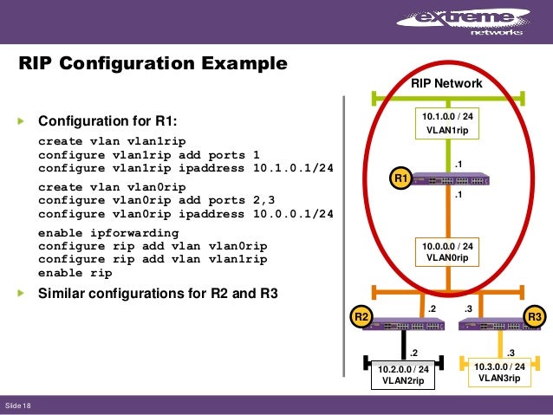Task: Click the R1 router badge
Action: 400,178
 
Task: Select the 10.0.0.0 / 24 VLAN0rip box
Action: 447,251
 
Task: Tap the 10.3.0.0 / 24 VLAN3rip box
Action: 499,373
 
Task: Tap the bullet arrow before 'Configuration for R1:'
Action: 23,120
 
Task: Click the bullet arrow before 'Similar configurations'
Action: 23,293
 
